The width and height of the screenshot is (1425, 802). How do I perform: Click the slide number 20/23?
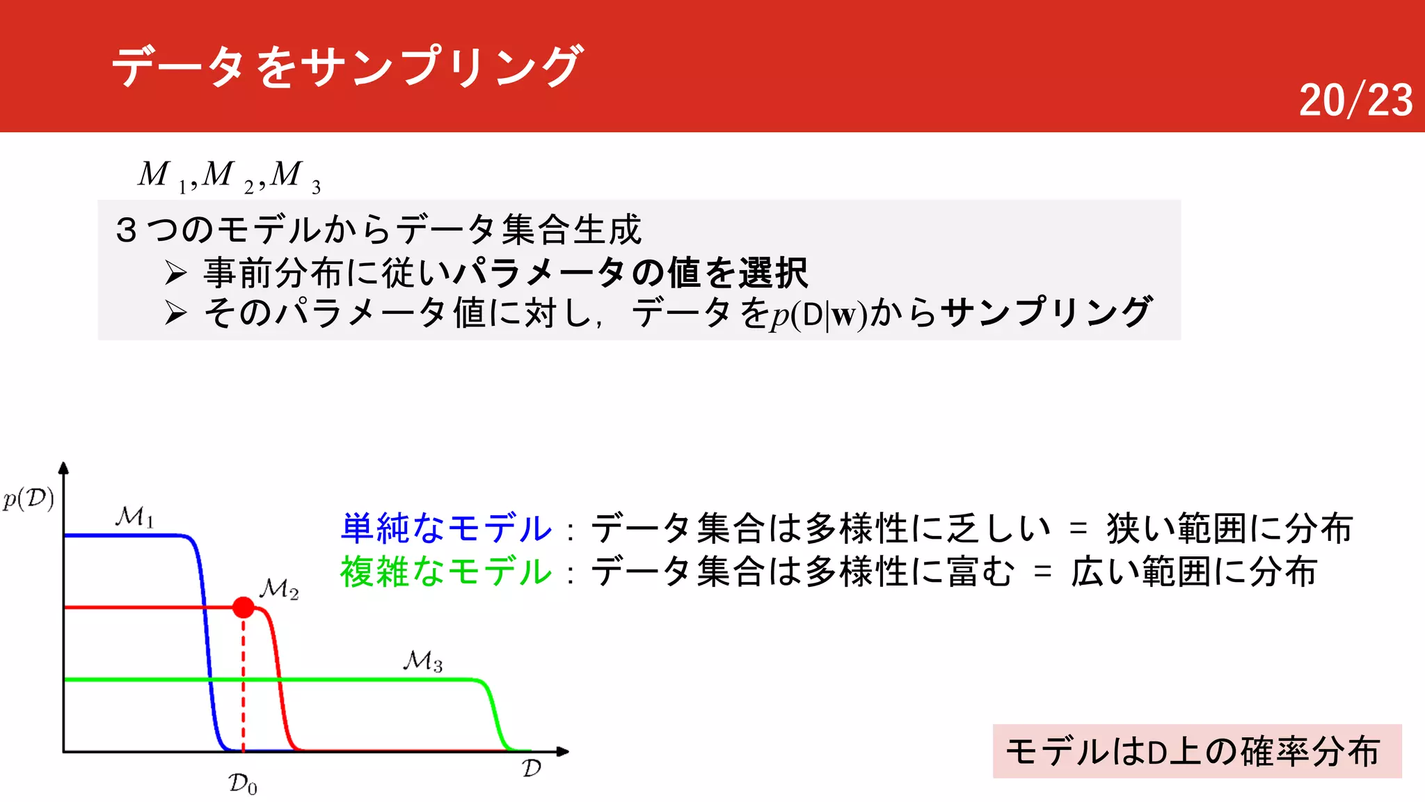pyautogui.click(x=1355, y=100)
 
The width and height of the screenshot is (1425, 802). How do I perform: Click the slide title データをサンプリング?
pyautogui.click(x=347, y=67)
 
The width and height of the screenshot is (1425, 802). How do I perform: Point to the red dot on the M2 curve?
pyautogui.click(x=243, y=607)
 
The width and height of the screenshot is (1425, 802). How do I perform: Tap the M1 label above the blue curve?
pyautogui.click(x=134, y=517)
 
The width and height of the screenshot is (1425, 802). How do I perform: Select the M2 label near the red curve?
pyautogui.click(x=279, y=589)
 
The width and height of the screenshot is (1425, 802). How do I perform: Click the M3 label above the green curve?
pyautogui.click(x=423, y=661)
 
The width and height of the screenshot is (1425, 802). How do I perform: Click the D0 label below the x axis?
pyautogui.click(x=243, y=784)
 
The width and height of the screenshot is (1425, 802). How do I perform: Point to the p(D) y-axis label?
pyautogui.click(x=29, y=499)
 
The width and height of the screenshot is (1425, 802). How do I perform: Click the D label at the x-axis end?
pyautogui.click(x=531, y=769)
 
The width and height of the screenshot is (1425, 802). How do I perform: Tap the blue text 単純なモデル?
pyautogui.click(x=446, y=528)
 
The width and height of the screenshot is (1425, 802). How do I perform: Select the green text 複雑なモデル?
pyautogui.click(x=446, y=572)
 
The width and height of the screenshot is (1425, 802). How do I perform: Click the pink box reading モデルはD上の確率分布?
pyautogui.click(x=1196, y=751)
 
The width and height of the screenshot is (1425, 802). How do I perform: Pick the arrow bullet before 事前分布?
pyautogui.click(x=175, y=273)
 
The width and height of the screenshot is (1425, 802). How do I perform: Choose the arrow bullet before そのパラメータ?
pyautogui.click(x=175, y=313)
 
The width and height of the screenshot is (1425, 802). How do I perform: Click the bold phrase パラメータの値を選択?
pyautogui.click(x=630, y=272)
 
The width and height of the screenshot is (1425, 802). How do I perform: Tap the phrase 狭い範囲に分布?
pyautogui.click(x=1229, y=528)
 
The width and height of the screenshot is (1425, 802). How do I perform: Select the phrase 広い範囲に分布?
pyautogui.click(x=1194, y=572)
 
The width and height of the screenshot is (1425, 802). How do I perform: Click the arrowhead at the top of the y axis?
pyautogui.click(x=64, y=467)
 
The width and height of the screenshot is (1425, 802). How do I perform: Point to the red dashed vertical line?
pyautogui.click(x=243, y=682)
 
